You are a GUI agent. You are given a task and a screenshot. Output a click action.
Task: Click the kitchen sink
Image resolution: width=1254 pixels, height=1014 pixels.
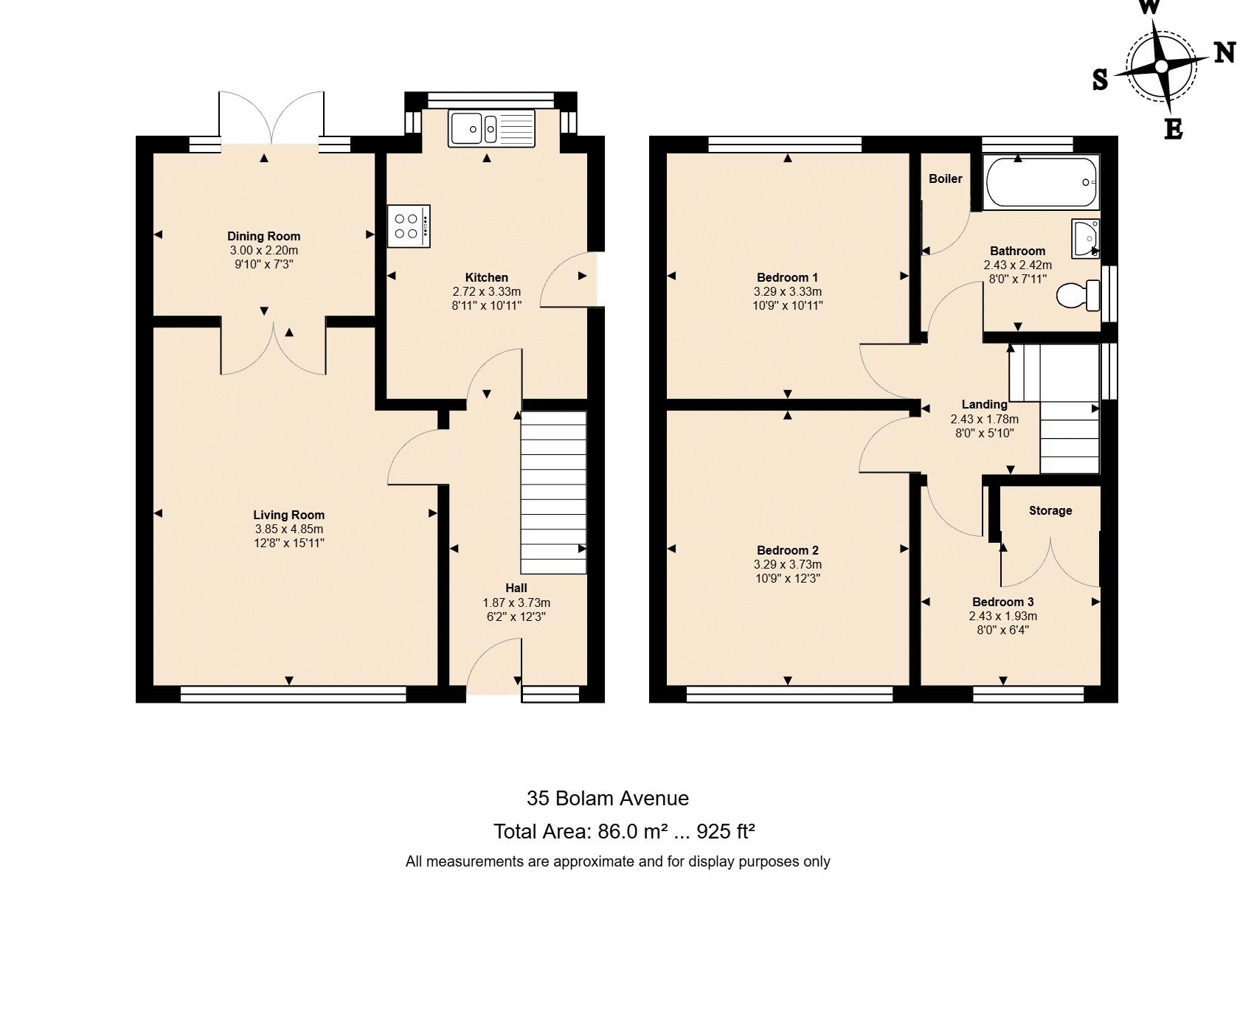491,128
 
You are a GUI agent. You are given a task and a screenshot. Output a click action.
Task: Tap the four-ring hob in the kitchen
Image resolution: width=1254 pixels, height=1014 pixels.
409,226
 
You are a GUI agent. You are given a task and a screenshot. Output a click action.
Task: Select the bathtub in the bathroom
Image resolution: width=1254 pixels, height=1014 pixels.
1041,182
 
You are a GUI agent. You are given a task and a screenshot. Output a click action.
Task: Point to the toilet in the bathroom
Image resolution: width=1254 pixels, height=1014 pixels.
1078,296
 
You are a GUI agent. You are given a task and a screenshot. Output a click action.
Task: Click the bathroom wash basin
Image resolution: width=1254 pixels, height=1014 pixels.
1086,238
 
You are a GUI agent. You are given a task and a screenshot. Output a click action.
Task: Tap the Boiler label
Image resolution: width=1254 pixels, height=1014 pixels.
946,178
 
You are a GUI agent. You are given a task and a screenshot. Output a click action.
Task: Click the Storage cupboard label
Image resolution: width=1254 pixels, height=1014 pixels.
1050,510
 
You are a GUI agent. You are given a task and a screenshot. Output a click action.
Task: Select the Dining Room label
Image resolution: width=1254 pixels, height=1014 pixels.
263,236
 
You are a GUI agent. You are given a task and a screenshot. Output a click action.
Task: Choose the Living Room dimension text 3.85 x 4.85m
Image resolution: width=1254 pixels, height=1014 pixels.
289,529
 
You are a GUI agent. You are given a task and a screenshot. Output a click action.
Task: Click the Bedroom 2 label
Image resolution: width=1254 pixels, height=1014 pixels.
788,550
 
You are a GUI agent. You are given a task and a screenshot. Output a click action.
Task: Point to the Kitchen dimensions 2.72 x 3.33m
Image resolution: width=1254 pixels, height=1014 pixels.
487,291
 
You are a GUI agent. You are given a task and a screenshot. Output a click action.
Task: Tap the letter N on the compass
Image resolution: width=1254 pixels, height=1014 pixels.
1224,52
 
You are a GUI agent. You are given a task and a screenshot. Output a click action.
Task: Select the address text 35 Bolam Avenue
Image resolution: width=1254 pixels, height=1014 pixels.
608,798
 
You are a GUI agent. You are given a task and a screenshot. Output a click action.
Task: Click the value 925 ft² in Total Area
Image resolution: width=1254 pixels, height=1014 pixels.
726,831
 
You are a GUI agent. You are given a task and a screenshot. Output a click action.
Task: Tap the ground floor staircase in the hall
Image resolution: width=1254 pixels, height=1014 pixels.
554,492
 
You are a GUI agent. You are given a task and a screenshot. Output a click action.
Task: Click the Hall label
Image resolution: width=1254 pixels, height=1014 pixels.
516,588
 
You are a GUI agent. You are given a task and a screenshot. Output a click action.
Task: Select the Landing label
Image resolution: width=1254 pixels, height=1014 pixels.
985,404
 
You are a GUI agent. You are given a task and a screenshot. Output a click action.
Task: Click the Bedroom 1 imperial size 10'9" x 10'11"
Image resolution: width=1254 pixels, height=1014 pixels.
788,305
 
